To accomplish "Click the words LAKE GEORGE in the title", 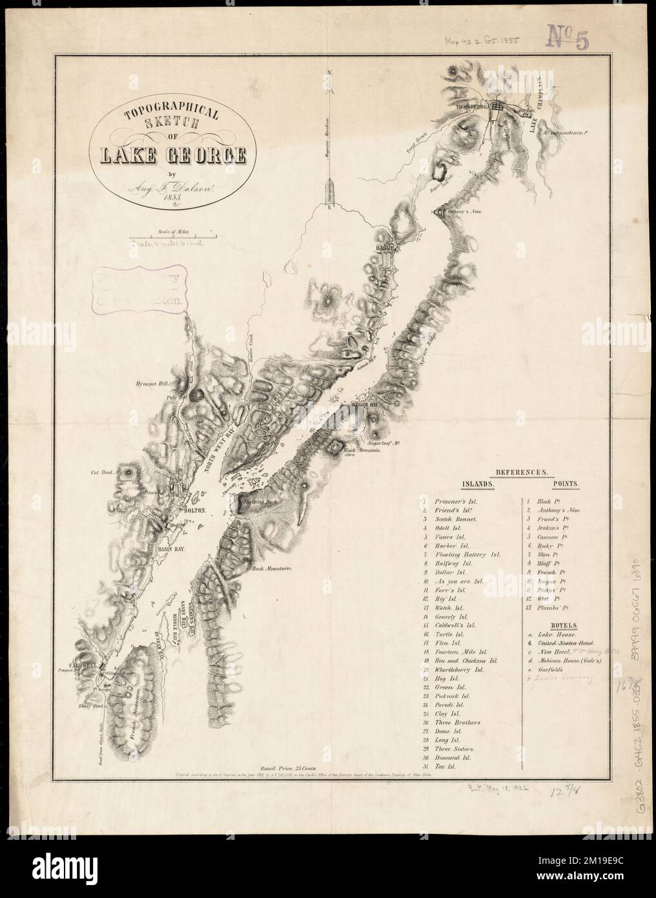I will [172, 156].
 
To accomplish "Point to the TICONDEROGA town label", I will [474, 105].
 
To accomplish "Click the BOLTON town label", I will [194, 510].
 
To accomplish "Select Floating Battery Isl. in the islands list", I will [469, 555].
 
